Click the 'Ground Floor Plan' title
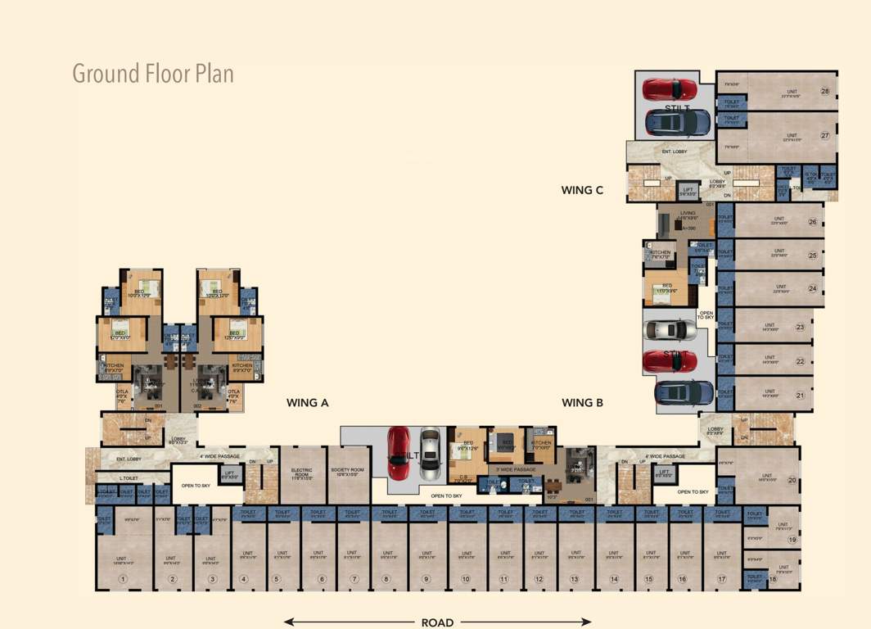point(153,74)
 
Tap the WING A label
point(308,403)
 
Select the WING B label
point(583,403)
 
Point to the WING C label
point(582,190)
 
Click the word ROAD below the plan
point(437,622)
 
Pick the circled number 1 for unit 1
point(123,580)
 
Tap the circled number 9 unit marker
point(426,580)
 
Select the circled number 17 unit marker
point(721,580)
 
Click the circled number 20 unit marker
point(792,481)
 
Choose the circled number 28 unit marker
point(825,92)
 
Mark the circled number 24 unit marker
point(813,288)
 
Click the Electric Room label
point(302,473)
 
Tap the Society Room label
point(347,473)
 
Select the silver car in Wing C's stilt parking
point(670,330)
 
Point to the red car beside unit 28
point(669,88)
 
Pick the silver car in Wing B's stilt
point(430,455)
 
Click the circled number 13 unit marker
point(574,580)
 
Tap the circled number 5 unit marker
point(276,580)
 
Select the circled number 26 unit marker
point(813,222)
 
